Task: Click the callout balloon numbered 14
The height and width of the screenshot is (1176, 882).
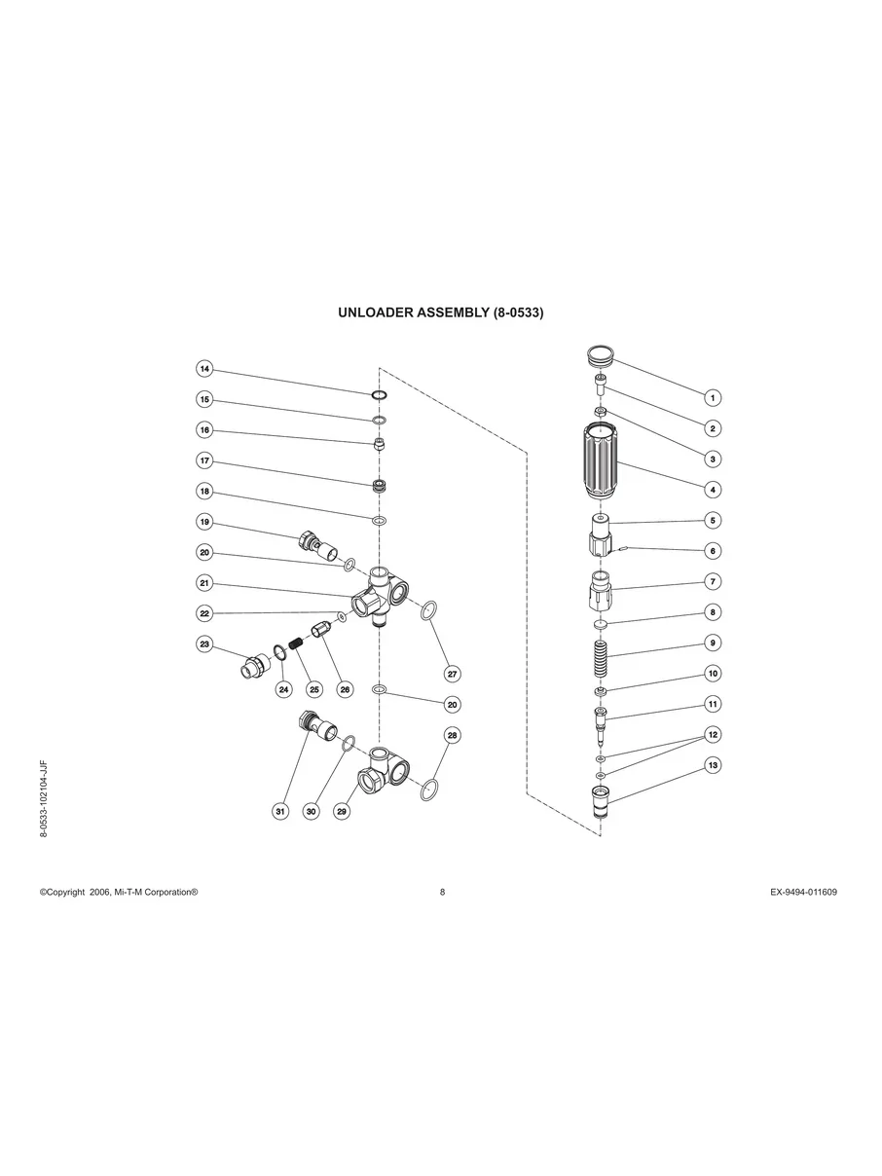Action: pyautogui.click(x=204, y=370)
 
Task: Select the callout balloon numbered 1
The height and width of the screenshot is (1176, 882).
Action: pyautogui.click(x=713, y=397)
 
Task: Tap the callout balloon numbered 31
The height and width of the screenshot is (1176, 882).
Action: pyautogui.click(x=280, y=811)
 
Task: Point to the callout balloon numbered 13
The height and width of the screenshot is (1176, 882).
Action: pyautogui.click(x=713, y=766)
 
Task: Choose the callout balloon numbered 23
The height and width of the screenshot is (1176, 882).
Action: pyautogui.click(x=204, y=644)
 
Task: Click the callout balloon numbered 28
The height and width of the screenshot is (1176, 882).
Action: pyautogui.click(x=452, y=735)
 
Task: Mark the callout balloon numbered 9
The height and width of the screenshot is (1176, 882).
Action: pyautogui.click(x=713, y=643)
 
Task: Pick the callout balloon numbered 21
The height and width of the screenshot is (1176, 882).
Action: pyautogui.click(x=204, y=583)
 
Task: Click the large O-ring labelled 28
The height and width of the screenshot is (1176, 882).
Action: pyautogui.click(x=429, y=789)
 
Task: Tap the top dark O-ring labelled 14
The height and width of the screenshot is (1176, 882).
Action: pyautogui.click(x=380, y=395)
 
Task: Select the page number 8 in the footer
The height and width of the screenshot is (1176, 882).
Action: pyautogui.click(x=442, y=892)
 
